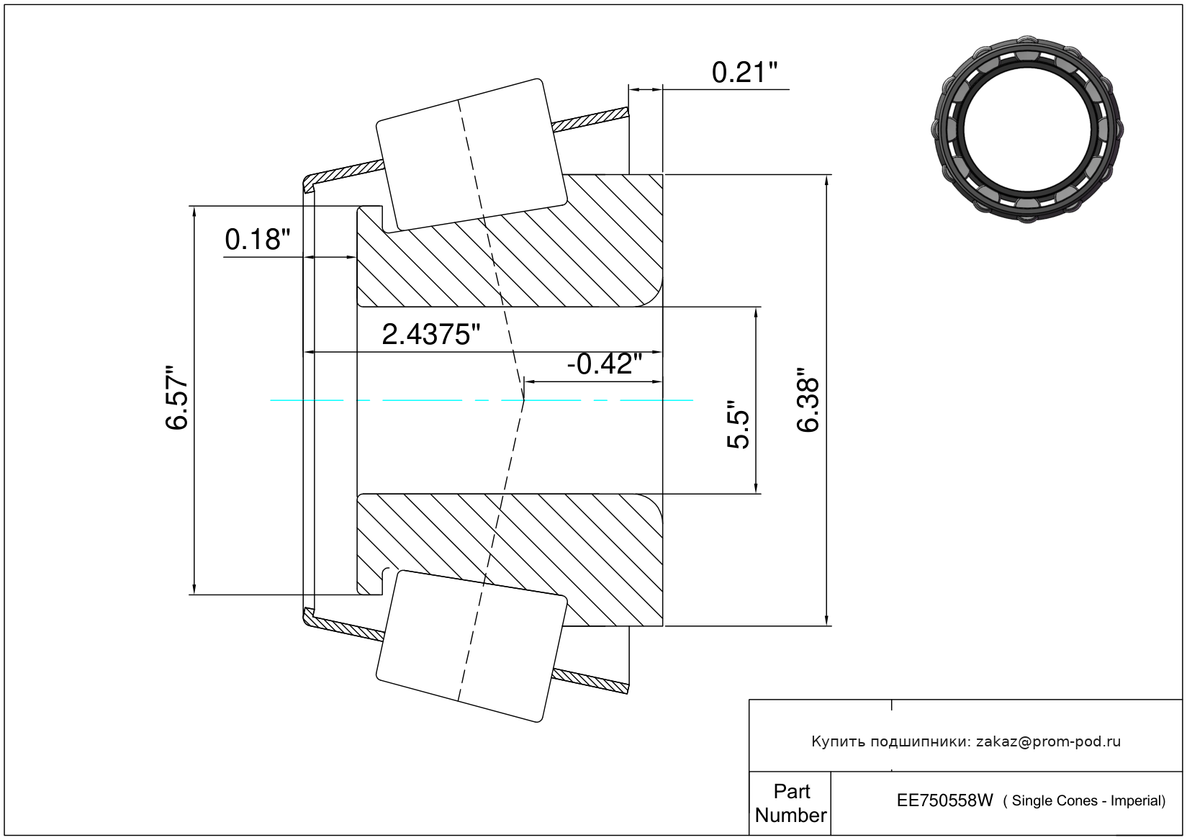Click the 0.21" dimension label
(744, 73)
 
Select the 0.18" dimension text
(258, 240)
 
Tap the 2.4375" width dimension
(430, 335)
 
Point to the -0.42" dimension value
(604, 364)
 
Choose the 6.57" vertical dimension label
(176, 397)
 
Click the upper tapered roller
(471, 155)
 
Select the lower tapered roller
(471, 646)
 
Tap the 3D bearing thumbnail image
(1027, 129)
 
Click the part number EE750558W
(944, 800)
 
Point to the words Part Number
(791, 803)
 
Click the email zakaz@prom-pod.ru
(1048, 741)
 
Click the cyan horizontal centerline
(482, 400)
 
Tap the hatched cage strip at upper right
(590, 119)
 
